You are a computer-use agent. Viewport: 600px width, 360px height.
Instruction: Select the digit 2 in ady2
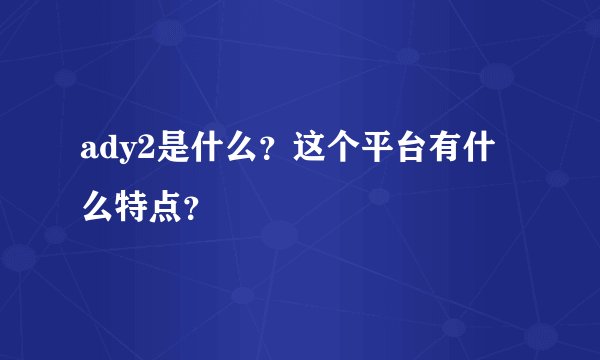point(137,149)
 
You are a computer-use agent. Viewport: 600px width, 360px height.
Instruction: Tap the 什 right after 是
point(194,149)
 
